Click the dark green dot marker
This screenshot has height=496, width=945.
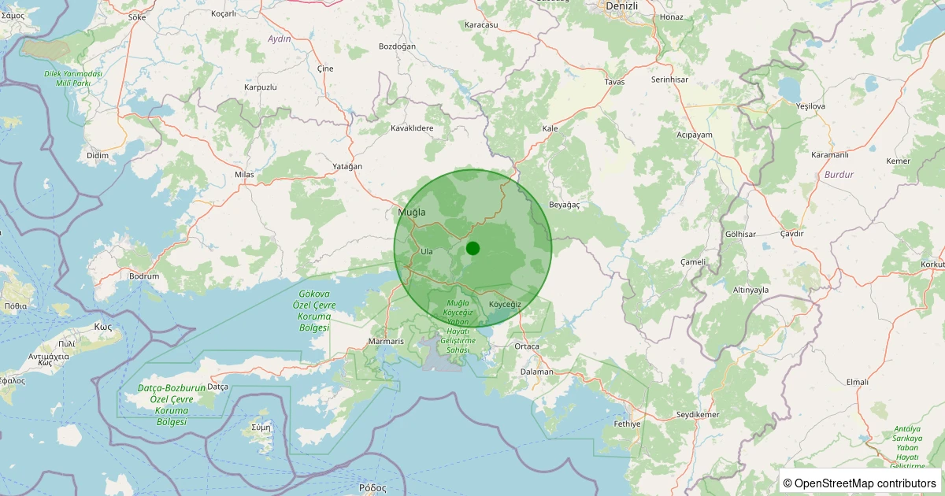[x=472, y=248]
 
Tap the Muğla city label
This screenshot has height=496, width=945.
[x=412, y=213]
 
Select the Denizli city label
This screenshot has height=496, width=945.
[x=622, y=6]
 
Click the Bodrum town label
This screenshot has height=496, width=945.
[x=144, y=276]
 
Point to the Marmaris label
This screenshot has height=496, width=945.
[x=386, y=342]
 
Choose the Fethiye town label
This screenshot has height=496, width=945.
[x=628, y=424]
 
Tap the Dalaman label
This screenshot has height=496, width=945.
[x=537, y=372]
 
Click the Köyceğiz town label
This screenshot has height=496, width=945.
[x=505, y=304]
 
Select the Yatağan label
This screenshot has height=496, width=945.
[x=347, y=166]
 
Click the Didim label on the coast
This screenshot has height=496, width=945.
[x=98, y=155]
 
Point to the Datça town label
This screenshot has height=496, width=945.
[x=217, y=387]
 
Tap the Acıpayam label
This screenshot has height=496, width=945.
[x=694, y=135]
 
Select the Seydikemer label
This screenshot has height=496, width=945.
[x=698, y=415]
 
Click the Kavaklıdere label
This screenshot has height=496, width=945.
[x=413, y=128]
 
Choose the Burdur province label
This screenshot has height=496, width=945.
[x=839, y=174]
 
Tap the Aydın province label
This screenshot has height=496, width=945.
[x=280, y=39]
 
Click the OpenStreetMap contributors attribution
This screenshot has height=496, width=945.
[x=861, y=483]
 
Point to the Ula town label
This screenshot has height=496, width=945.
[x=427, y=251]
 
